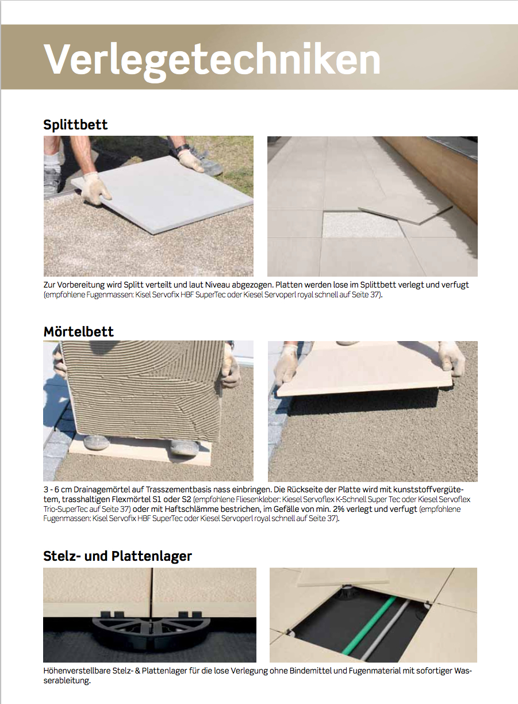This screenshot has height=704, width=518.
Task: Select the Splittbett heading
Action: tap(75, 125)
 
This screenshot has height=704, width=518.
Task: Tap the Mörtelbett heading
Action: tap(79, 331)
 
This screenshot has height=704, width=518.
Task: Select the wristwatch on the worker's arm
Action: tap(183, 148)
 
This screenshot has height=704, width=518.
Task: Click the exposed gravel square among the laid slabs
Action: tap(363, 225)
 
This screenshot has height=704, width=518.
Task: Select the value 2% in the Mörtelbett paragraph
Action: tap(339, 509)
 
